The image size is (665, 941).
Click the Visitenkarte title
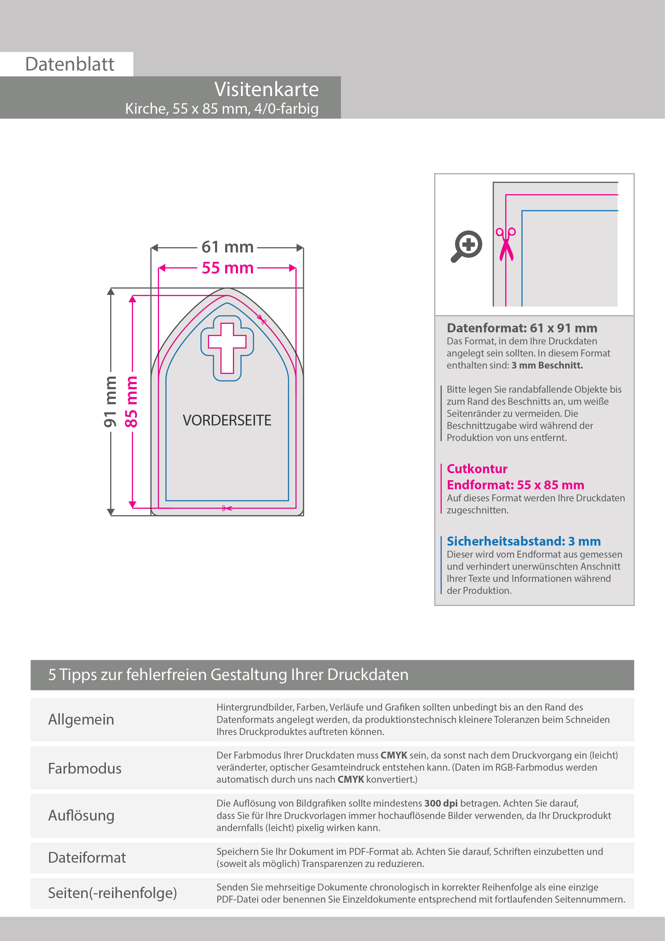pyautogui.click(x=267, y=89)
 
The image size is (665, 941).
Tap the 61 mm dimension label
pyautogui.click(x=228, y=247)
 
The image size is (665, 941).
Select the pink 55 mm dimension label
pyautogui.click(x=228, y=268)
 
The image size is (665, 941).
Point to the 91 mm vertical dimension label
pyautogui.click(x=110, y=402)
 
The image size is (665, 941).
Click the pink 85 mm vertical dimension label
pyautogui.click(x=131, y=402)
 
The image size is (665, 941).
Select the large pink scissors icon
pyautogui.click(x=506, y=245)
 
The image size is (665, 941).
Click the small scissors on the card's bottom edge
pyautogui.click(x=226, y=508)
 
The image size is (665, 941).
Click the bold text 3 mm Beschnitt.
pyautogui.click(x=547, y=365)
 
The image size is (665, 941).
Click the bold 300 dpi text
pyautogui.click(x=441, y=803)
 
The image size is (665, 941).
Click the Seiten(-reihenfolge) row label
pyautogui.click(x=113, y=893)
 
